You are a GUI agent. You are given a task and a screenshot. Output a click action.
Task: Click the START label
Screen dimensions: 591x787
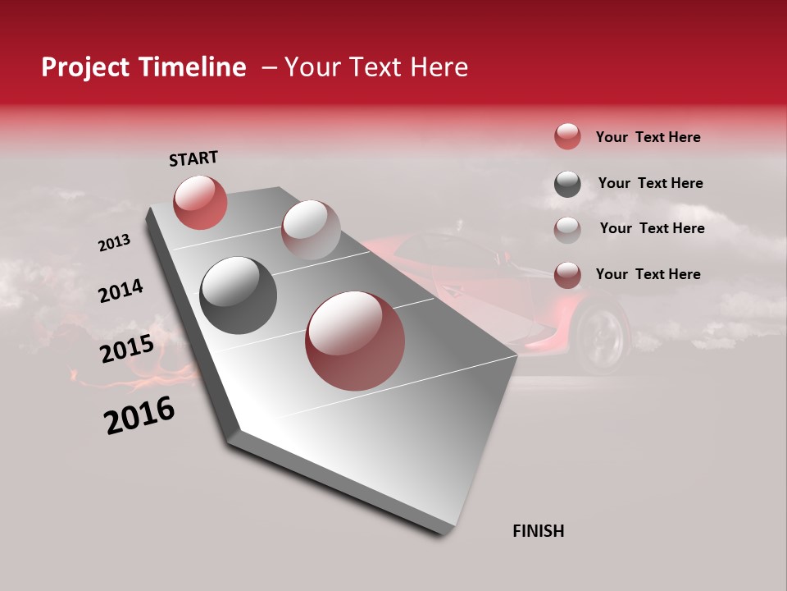[193, 158]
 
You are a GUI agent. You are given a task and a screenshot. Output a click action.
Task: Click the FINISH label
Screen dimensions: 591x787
[539, 531]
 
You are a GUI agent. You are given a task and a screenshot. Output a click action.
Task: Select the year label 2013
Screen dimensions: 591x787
[114, 243]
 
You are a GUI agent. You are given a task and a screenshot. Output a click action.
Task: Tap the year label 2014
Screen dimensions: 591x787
[121, 291]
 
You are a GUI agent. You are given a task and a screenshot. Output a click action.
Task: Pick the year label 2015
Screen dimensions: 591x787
[127, 349]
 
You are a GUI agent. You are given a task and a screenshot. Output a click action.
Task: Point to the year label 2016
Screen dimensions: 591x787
[139, 415]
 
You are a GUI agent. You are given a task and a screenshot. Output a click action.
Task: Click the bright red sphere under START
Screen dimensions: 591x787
[200, 202]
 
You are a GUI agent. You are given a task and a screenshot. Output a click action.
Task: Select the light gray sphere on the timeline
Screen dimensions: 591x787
[311, 230]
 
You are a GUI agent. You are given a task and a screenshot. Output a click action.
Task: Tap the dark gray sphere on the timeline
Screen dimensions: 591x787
[239, 295]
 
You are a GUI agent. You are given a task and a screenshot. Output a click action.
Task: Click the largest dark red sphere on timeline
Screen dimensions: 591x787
[355, 341]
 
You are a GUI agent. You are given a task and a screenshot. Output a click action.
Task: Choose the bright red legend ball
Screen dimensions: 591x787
[567, 137]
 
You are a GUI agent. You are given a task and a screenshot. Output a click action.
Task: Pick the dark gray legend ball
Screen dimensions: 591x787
[567, 184]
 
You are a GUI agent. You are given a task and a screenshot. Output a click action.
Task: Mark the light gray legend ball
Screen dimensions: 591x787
[567, 230]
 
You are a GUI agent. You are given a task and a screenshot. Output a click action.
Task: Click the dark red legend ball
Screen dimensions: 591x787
[567, 275]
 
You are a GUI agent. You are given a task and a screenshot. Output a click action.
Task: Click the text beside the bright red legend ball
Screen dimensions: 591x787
[648, 137]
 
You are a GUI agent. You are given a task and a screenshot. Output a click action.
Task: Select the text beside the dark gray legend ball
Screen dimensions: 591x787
[650, 183]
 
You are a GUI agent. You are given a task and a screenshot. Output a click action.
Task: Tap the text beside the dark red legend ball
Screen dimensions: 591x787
[648, 274]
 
